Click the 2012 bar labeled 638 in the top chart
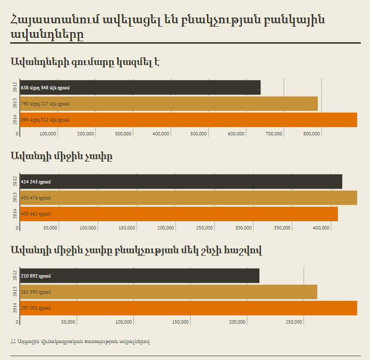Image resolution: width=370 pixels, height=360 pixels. (140, 87)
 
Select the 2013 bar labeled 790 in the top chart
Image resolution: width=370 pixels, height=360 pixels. (169, 103)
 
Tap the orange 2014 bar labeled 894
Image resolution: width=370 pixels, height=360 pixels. (189, 120)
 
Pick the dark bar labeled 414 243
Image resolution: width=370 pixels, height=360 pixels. (181, 181)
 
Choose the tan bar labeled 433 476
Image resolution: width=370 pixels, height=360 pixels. (189, 198)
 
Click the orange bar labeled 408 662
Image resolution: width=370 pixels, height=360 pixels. (179, 213)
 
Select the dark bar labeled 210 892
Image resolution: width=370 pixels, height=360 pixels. (140, 276)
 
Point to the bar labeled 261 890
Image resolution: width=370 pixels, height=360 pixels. (169, 292)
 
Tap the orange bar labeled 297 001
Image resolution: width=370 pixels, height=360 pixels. (189, 308)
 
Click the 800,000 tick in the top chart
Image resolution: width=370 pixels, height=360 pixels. (312, 134)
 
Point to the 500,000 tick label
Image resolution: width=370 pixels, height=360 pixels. (199, 134)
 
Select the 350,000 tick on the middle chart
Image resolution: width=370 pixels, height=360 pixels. (282, 228)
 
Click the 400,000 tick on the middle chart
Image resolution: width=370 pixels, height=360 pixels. (322, 228)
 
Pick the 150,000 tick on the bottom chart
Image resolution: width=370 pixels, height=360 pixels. (181, 322)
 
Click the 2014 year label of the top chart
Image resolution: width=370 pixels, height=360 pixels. (16, 120)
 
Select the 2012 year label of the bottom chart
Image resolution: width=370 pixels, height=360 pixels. (16, 276)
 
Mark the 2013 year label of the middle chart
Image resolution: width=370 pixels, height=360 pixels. (16, 198)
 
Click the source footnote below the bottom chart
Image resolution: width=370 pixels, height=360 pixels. (80, 342)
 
